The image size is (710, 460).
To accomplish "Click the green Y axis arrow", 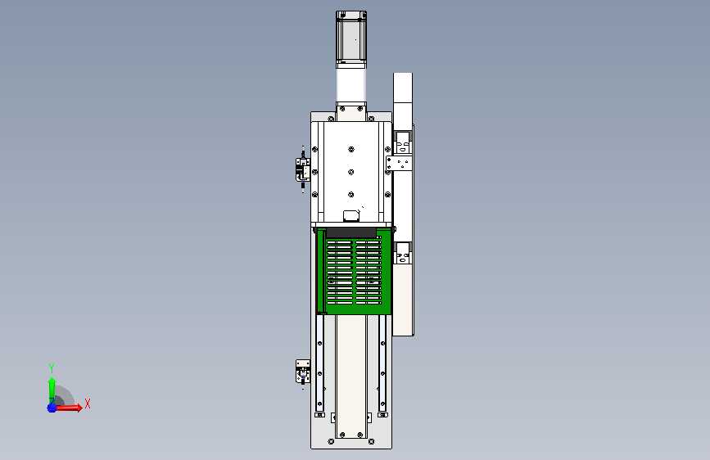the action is [x=52, y=390].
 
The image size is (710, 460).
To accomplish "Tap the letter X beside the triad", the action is [x=88, y=404].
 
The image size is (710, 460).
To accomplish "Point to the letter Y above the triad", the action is [x=52, y=368].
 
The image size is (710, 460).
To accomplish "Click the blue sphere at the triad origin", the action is [x=52, y=408].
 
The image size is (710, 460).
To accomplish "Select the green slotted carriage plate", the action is [x=354, y=272].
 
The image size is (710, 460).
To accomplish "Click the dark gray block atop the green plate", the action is [x=351, y=232].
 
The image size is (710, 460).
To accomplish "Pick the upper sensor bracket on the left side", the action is [x=303, y=169].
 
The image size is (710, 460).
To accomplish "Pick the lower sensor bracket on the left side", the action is [x=303, y=372].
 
